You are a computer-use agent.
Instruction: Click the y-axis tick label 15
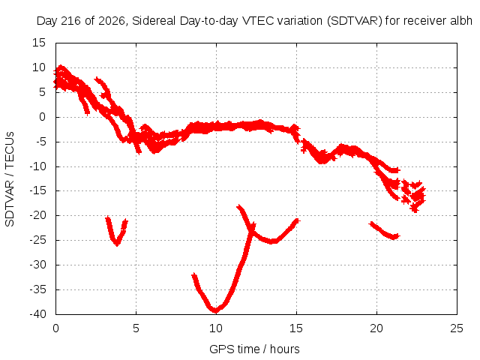38,43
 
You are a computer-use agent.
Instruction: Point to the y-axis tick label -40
37,314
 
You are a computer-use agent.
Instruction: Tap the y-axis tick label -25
37,240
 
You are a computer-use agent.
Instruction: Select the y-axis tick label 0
42,117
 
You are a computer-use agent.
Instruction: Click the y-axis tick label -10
37,166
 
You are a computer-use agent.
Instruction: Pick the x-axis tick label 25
457,328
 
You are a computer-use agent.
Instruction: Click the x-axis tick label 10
216,328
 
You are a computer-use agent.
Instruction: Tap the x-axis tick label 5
136,328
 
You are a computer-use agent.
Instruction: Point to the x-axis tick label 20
376,328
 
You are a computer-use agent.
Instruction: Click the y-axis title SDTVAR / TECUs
10,179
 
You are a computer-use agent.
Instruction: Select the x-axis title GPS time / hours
254,349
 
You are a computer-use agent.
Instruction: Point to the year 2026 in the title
112,21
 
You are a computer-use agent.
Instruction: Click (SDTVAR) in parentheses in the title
355,21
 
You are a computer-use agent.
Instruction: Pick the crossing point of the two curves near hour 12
252,228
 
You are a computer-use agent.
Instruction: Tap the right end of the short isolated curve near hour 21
398,235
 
